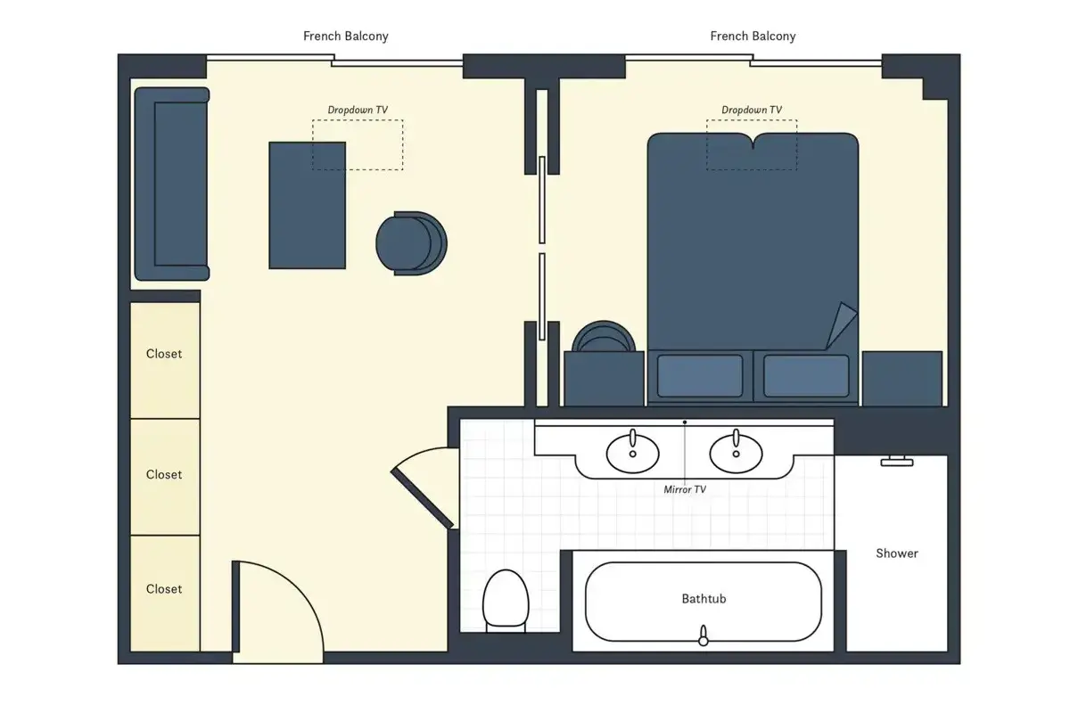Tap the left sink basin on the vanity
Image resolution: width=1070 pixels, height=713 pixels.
632,454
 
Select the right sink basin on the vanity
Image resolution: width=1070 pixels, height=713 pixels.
736,454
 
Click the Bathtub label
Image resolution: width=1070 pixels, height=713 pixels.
704,599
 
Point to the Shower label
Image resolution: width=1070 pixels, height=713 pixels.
897,553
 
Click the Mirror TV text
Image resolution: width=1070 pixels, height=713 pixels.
685,489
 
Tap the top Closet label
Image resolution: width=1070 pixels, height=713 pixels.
164,354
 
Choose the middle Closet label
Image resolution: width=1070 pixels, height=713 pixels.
164,475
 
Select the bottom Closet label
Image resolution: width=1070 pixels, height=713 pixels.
164,589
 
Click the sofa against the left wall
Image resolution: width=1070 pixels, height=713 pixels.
172,184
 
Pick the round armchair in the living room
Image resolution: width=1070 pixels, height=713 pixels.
411,243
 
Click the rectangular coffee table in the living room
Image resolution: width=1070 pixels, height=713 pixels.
307,205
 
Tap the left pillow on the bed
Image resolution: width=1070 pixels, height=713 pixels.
700,376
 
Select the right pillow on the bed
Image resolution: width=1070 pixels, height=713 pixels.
806,376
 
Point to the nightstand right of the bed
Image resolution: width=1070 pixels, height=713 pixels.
902,379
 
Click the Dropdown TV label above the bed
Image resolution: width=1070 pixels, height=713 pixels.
752,110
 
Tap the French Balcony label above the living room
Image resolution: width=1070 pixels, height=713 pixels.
346,37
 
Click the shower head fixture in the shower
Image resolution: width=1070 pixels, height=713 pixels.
897,461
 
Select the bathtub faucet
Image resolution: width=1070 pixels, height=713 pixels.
704,636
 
